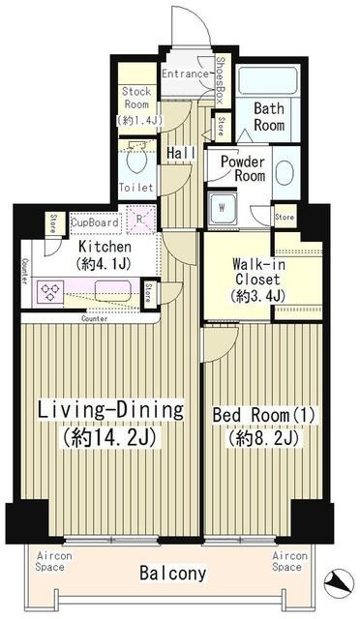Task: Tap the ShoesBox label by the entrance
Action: point(221,81)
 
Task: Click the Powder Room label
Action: point(241,169)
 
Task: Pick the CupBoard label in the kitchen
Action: point(96,222)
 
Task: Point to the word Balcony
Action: point(173,574)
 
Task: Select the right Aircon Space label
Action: point(289,562)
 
